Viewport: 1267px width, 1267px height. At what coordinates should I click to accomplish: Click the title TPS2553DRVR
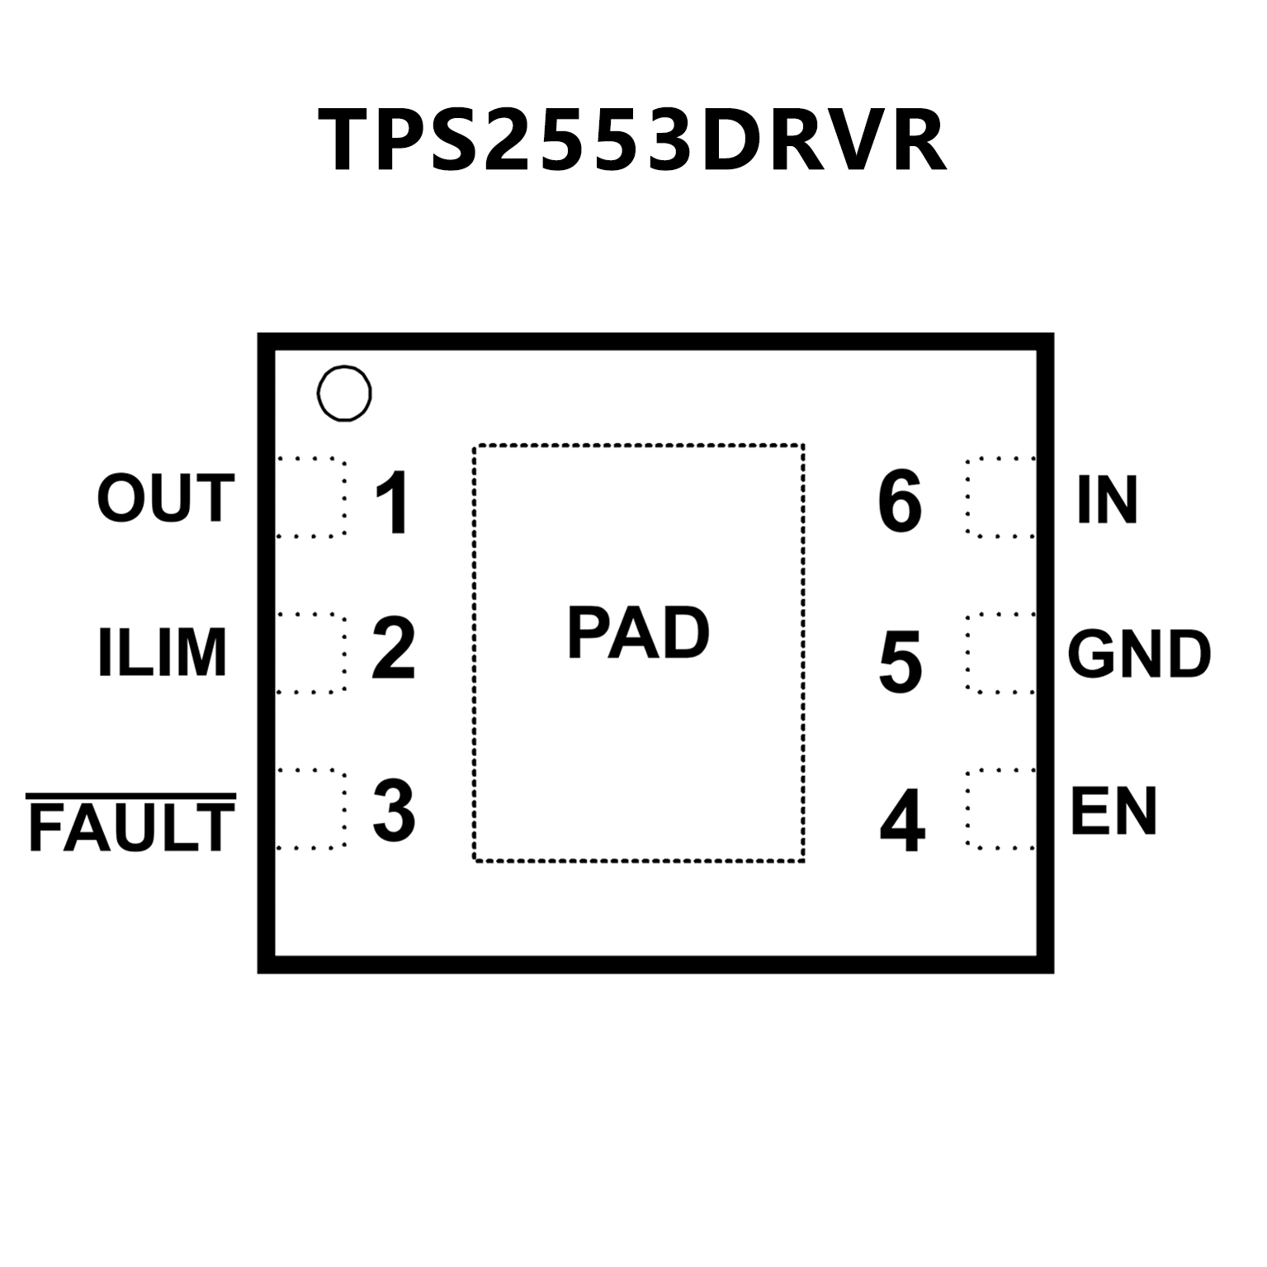tap(631, 140)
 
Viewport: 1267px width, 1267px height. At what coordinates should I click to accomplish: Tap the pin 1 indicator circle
tap(343, 394)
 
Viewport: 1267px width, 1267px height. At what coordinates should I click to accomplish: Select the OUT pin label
tap(166, 499)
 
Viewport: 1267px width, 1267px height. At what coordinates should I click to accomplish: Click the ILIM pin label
tap(162, 652)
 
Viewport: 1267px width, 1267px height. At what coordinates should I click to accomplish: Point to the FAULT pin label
tap(132, 828)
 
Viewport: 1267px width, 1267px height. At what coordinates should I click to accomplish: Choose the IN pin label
tap(1107, 500)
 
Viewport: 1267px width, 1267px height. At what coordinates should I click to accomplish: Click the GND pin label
tap(1138, 654)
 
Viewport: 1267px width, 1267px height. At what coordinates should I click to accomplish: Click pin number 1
tap(393, 503)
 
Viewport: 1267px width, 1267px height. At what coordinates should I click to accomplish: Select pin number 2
tap(393, 650)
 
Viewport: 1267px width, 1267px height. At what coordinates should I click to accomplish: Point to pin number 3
tap(393, 811)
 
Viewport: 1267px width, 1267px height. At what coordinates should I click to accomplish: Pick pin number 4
tap(901, 820)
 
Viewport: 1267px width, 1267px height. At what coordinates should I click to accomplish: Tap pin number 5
tap(900, 661)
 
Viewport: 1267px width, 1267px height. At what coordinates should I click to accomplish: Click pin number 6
tap(899, 501)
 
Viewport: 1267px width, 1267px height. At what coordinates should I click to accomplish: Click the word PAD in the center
tap(638, 634)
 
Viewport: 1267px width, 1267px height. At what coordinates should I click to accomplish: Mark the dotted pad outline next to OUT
tap(310, 496)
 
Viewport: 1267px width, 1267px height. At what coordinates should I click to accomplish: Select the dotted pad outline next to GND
tap(1000, 654)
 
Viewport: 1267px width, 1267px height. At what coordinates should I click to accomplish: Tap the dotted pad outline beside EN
tap(1000, 809)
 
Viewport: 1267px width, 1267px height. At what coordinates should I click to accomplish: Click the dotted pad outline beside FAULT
tap(310, 809)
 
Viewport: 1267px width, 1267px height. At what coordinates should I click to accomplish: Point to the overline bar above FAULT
tap(132, 797)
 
